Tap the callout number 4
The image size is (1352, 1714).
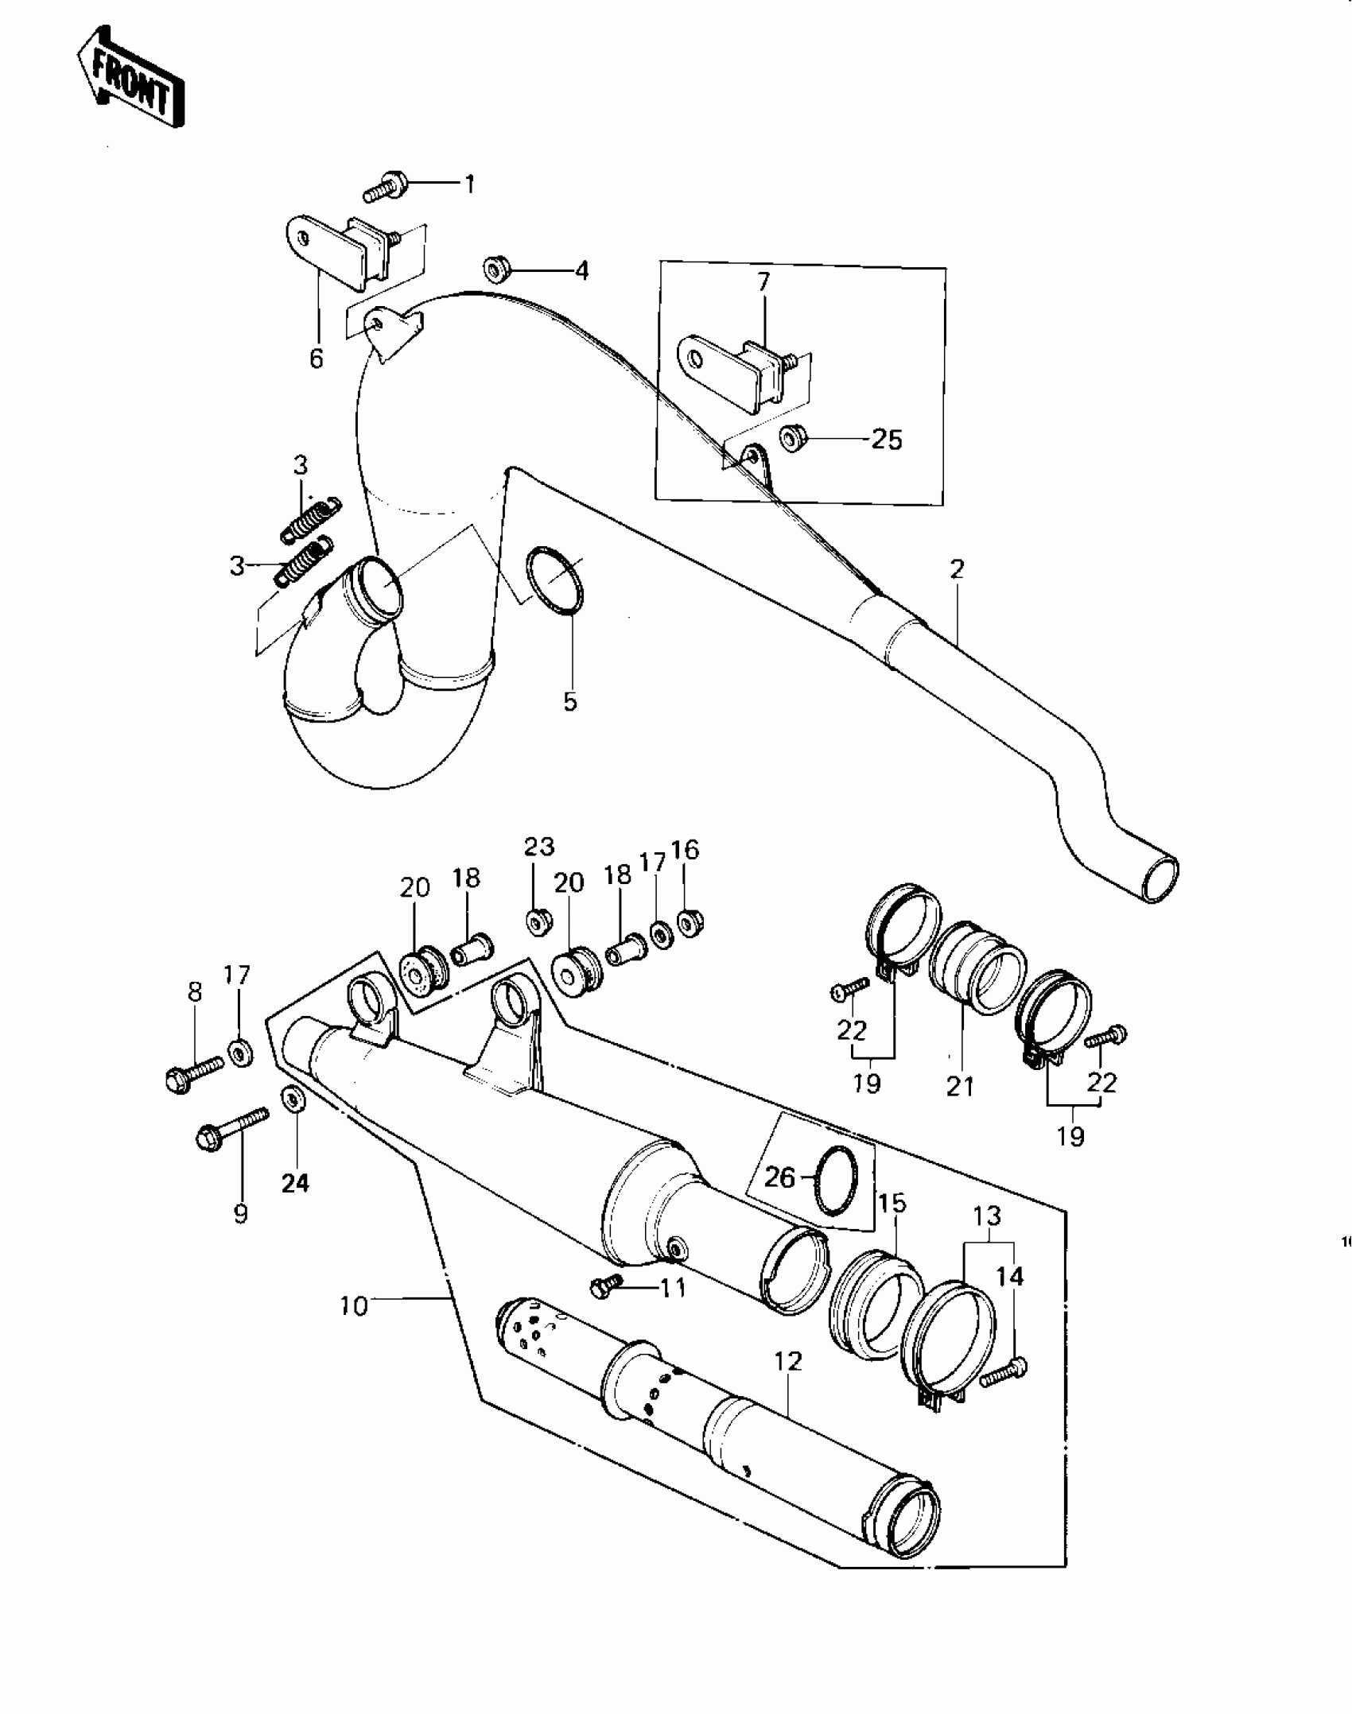[x=582, y=271]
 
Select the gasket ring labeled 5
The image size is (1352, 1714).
[x=555, y=582]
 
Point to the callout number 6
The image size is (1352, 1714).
[x=317, y=359]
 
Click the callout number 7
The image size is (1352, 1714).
[x=763, y=282]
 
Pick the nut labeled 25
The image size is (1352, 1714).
[x=791, y=438]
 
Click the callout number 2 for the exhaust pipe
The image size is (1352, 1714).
[x=957, y=568]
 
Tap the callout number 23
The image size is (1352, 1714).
[x=539, y=847]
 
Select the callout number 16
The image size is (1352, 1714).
[x=685, y=850]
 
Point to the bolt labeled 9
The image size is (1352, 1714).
[x=231, y=1130]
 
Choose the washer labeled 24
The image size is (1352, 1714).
[x=293, y=1100]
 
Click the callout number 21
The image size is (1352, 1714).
[x=960, y=1086]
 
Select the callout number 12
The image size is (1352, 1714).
[x=788, y=1361]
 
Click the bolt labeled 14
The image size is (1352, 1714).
[x=1003, y=1372]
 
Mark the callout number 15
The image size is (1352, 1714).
[x=893, y=1203]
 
